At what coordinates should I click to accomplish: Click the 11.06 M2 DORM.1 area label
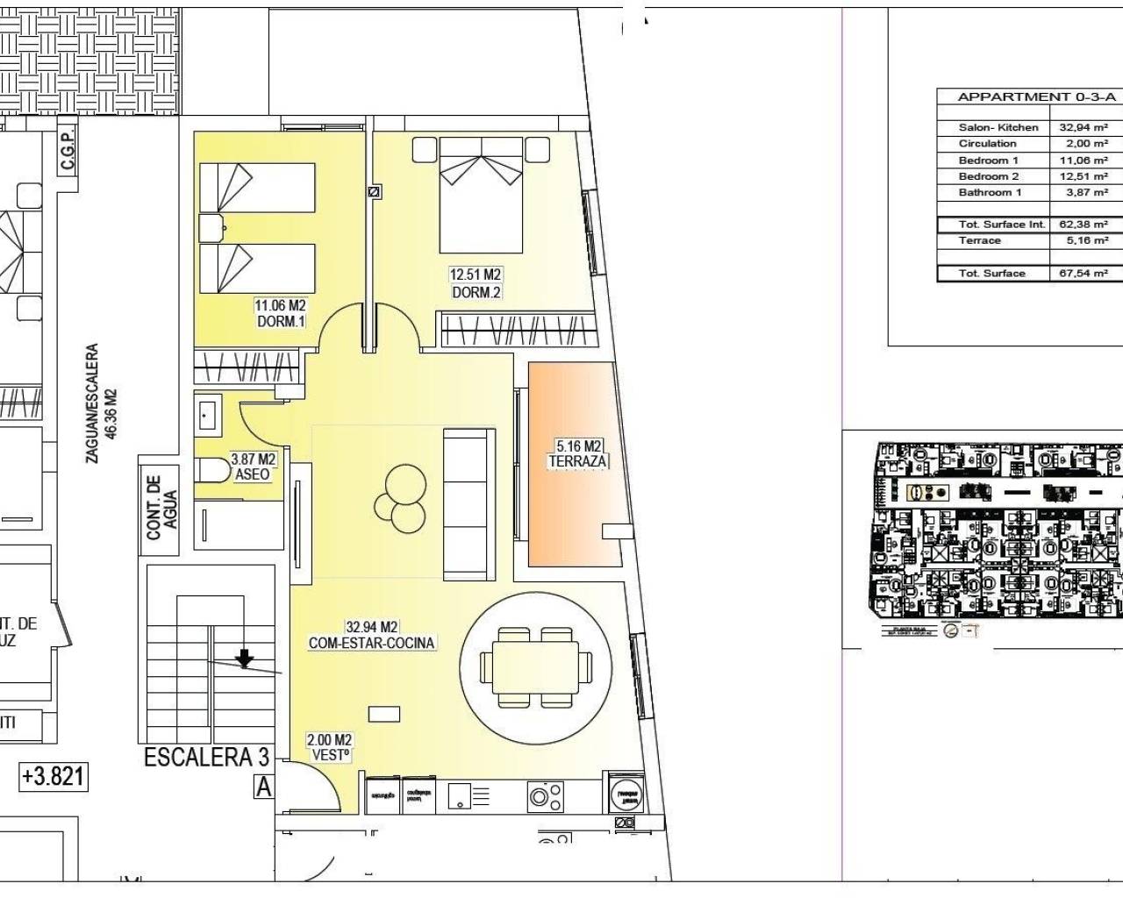point(280,314)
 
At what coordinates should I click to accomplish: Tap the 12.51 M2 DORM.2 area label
point(476,283)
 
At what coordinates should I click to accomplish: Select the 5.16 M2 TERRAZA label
point(578,453)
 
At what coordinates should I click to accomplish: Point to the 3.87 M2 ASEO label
point(253,467)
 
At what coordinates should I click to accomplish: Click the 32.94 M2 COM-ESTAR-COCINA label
point(372,635)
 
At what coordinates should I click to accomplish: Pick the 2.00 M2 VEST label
point(330,747)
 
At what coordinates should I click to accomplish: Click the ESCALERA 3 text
point(207,758)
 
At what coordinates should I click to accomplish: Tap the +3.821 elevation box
point(54,777)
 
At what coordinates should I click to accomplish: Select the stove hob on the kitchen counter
point(545,796)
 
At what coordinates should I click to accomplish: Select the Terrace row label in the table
point(980,240)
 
